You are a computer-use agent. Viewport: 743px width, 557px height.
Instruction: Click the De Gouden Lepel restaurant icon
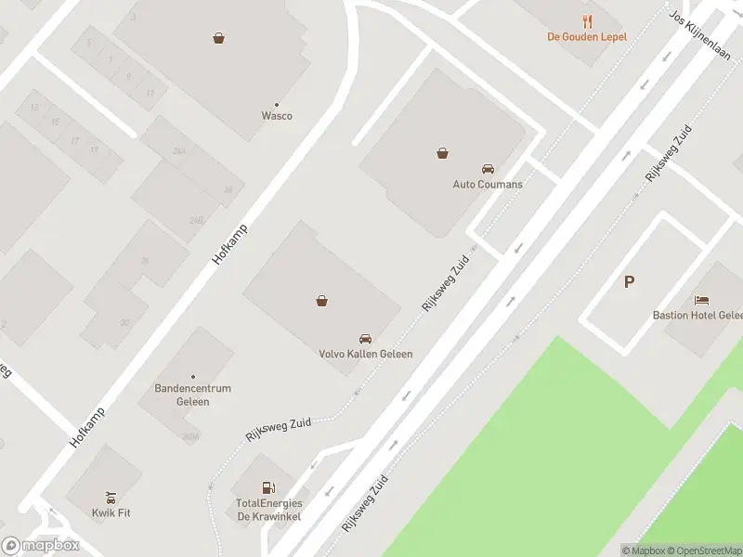(x=586, y=21)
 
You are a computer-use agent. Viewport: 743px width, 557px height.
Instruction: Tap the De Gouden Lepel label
(x=586, y=37)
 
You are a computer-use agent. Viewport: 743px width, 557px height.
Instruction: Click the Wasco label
(x=277, y=116)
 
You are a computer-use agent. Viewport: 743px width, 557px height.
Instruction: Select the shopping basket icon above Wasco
(x=218, y=38)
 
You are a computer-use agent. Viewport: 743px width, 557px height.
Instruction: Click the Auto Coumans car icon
(x=488, y=169)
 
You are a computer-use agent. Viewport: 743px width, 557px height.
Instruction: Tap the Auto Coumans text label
(x=488, y=184)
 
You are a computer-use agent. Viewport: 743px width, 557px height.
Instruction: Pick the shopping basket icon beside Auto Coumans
(x=441, y=153)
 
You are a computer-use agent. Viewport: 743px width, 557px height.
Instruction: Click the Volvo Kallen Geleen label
(x=366, y=354)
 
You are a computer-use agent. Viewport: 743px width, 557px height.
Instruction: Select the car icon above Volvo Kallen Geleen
(x=366, y=339)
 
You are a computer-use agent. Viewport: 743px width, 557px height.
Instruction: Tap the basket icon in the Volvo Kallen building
(x=321, y=300)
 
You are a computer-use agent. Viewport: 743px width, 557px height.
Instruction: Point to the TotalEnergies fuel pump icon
(x=269, y=487)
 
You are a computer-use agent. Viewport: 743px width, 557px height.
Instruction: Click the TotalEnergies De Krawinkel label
(x=269, y=510)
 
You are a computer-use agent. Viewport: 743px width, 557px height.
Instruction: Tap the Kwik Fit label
(x=111, y=512)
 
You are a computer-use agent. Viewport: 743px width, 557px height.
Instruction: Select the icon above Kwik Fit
(x=111, y=497)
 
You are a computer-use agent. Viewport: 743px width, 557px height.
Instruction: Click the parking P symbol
(x=629, y=282)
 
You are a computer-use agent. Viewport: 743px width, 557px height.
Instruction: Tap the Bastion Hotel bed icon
(x=702, y=300)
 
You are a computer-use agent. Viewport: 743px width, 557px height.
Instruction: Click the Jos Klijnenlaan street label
(x=699, y=35)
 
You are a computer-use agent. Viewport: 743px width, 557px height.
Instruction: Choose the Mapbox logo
(x=40, y=546)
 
